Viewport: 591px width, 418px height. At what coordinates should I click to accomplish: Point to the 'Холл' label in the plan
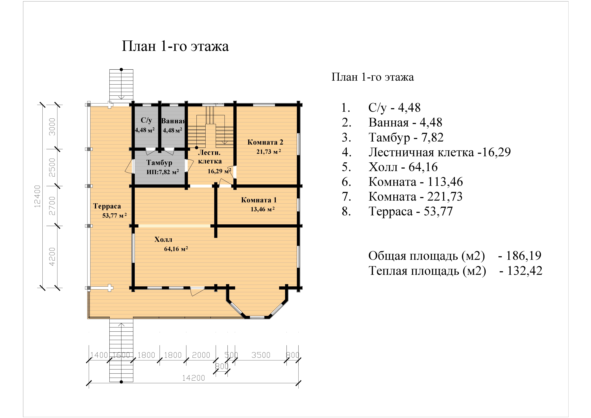[x=163, y=240]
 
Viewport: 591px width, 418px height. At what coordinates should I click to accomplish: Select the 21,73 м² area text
[x=269, y=152]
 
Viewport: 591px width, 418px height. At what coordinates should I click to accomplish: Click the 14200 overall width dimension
[x=194, y=378]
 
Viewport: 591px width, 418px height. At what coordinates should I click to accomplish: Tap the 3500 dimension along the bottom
[x=261, y=355]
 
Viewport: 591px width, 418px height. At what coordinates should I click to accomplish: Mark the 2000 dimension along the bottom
[x=201, y=355]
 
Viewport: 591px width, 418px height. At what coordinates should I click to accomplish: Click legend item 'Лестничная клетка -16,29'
[x=439, y=152]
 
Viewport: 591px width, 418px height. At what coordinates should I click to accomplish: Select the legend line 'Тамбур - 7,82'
[x=406, y=138]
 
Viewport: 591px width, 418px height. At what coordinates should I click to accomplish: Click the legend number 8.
[x=346, y=211]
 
